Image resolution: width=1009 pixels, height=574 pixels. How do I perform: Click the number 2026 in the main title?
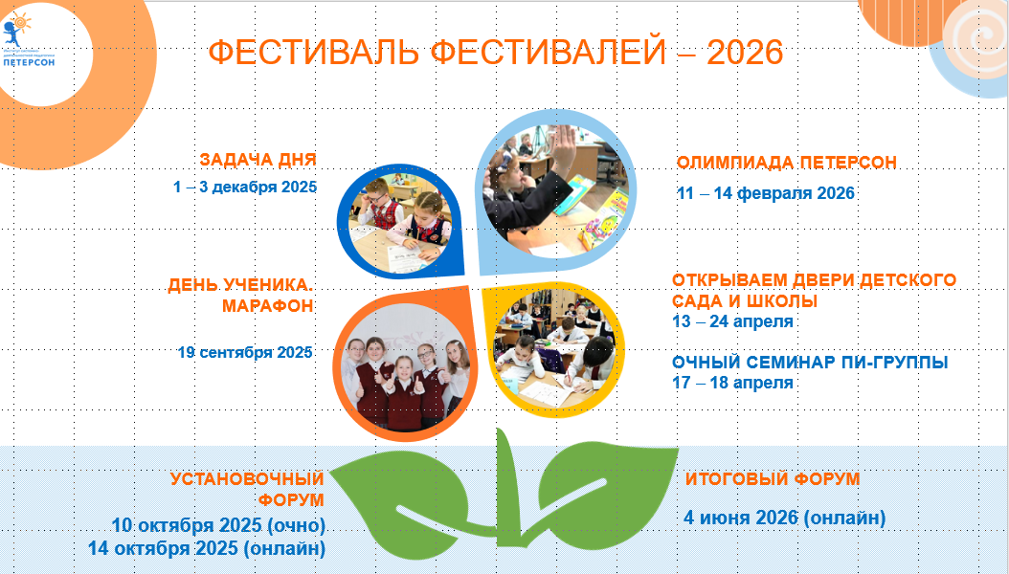[745, 52]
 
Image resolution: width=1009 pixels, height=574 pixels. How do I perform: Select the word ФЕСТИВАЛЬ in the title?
[314, 52]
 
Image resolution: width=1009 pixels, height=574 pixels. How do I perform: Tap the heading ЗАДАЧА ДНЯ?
[258, 160]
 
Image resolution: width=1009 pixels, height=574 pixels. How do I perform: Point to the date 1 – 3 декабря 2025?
[245, 188]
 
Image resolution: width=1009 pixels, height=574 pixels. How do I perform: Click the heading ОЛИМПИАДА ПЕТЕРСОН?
[787, 162]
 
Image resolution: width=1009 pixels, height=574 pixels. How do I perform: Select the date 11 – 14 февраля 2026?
[766, 193]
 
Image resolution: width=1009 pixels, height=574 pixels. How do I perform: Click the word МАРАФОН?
[268, 305]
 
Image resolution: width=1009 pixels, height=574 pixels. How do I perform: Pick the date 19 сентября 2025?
[245, 352]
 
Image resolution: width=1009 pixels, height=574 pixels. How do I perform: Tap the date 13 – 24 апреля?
[732, 320]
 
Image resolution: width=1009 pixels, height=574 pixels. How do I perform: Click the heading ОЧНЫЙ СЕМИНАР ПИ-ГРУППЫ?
[810, 363]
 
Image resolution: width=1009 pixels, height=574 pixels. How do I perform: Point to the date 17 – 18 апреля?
[732, 383]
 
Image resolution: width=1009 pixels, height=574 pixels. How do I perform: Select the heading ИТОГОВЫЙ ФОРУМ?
[773, 479]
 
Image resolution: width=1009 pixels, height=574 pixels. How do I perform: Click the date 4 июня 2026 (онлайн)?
[784, 518]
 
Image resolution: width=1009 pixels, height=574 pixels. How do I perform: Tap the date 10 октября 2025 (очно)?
[218, 525]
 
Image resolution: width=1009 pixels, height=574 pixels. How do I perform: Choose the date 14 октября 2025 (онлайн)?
[207, 549]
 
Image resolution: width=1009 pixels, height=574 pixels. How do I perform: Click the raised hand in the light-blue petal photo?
[563, 153]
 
